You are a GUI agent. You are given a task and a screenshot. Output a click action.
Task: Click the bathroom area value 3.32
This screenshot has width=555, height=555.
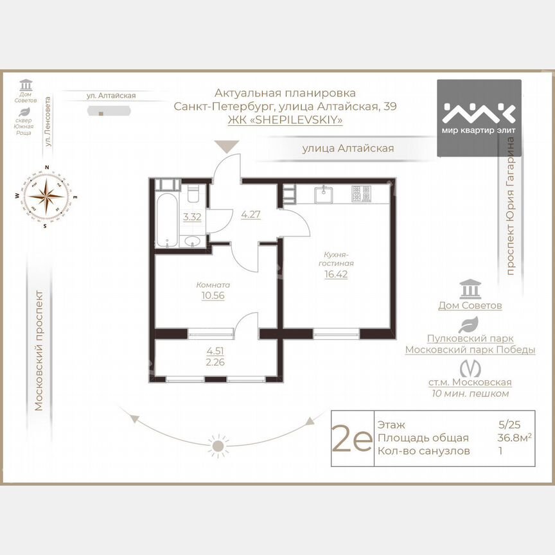coord(192,217)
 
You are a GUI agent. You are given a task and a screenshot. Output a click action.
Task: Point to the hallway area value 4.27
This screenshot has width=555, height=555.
coord(250,215)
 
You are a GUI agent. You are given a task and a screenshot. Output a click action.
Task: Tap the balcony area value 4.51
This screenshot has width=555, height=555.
coord(215,351)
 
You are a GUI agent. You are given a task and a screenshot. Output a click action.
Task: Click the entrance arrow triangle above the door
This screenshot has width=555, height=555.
coord(226,147)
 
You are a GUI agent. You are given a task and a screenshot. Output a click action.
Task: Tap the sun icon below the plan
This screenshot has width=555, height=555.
coord(218,445)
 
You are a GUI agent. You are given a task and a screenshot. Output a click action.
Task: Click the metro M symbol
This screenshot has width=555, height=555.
coord(470,368)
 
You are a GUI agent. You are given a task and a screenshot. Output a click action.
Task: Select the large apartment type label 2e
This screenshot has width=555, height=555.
coord(351,439)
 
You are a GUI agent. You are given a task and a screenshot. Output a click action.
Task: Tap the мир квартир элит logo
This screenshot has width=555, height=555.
coord(479,118)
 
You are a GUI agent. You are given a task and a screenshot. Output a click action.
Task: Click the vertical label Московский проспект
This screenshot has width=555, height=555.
coord(39,350)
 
